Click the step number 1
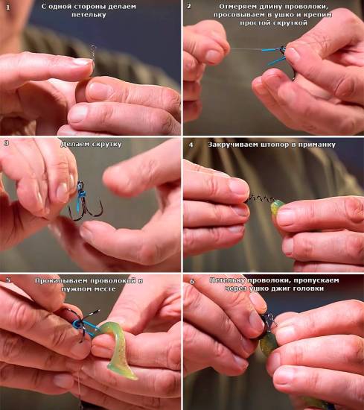(x=8, y=7)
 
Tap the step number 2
(x=189, y=6)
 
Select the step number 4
(x=191, y=145)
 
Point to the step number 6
(x=192, y=281)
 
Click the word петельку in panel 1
(x=89, y=15)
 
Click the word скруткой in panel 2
(x=290, y=23)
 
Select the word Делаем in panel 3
(x=74, y=144)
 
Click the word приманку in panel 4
(x=317, y=145)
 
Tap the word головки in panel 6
(x=308, y=288)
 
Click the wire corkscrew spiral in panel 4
(x=259, y=200)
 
